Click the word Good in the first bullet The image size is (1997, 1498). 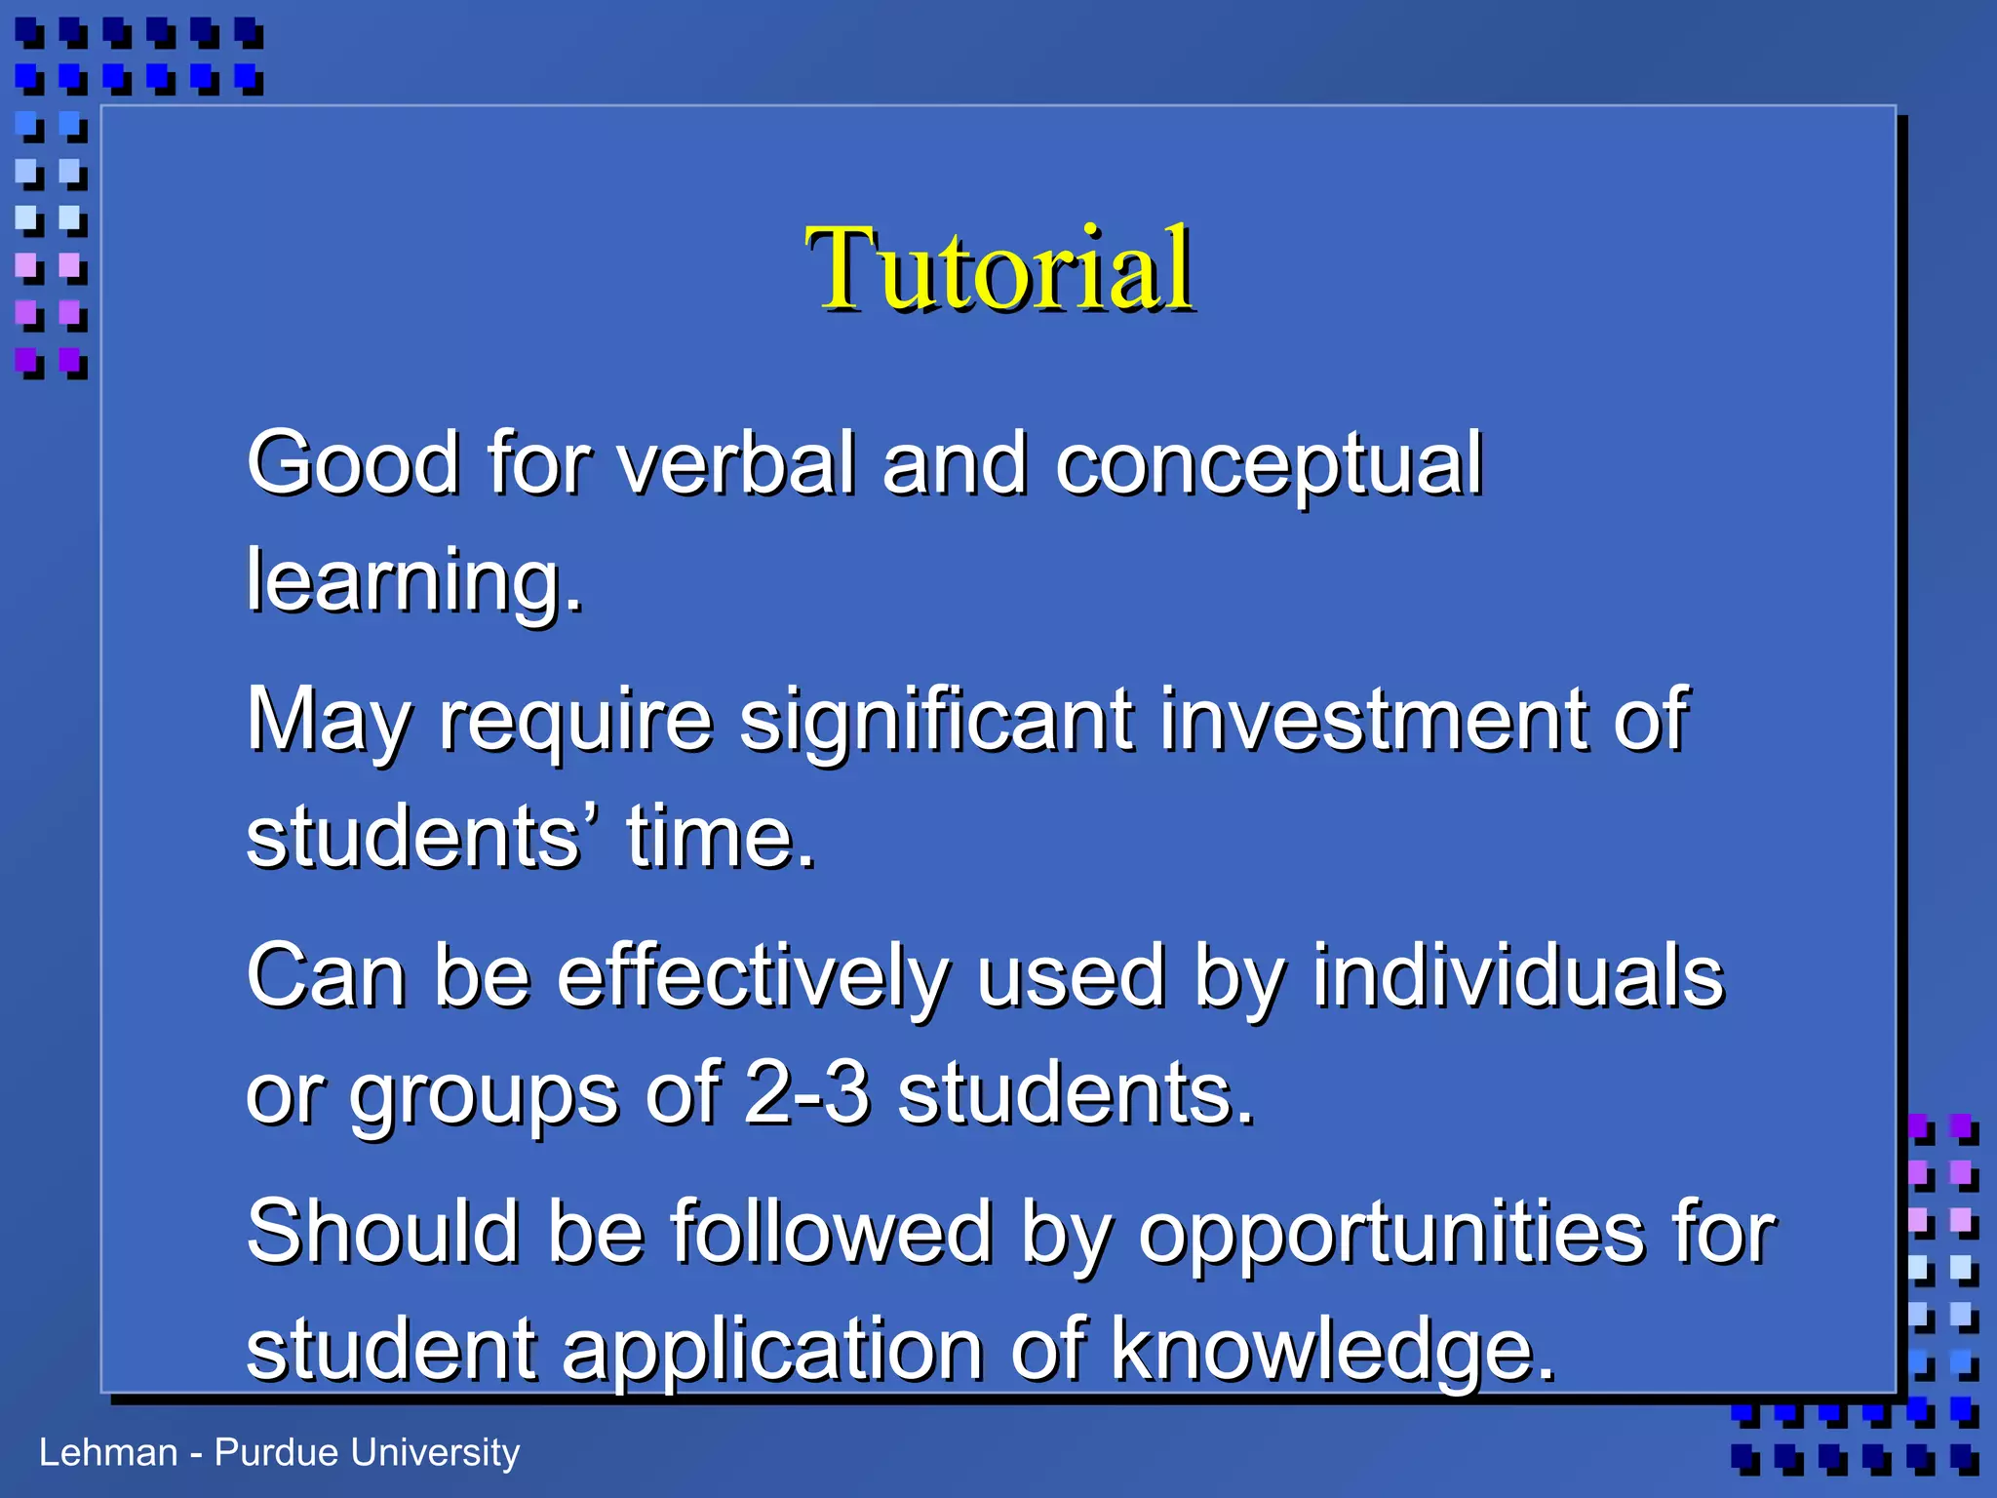point(352,463)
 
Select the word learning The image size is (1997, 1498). point(412,582)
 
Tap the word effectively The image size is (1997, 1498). point(753,978)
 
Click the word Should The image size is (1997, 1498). point(382,1232)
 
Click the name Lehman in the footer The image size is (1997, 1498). point(108,1452)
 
